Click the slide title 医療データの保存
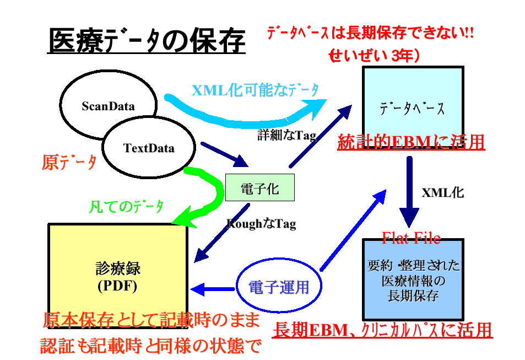click(x=147, y=41)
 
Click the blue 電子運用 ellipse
click(x=279, y=287)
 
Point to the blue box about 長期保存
click(x=413, y=281)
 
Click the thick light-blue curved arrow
click(x=248, y=113)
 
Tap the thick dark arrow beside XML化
click(x=409, y=190)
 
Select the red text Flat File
click(x=411, y=238)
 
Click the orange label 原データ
click(x=69, y=163)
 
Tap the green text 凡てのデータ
click(x=127, y=207)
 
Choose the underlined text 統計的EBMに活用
click(x=410, y=142)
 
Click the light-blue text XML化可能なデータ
click(x=256, y=90)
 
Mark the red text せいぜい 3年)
click(x=375, y=56)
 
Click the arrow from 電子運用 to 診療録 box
click(x=212, y=288)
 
